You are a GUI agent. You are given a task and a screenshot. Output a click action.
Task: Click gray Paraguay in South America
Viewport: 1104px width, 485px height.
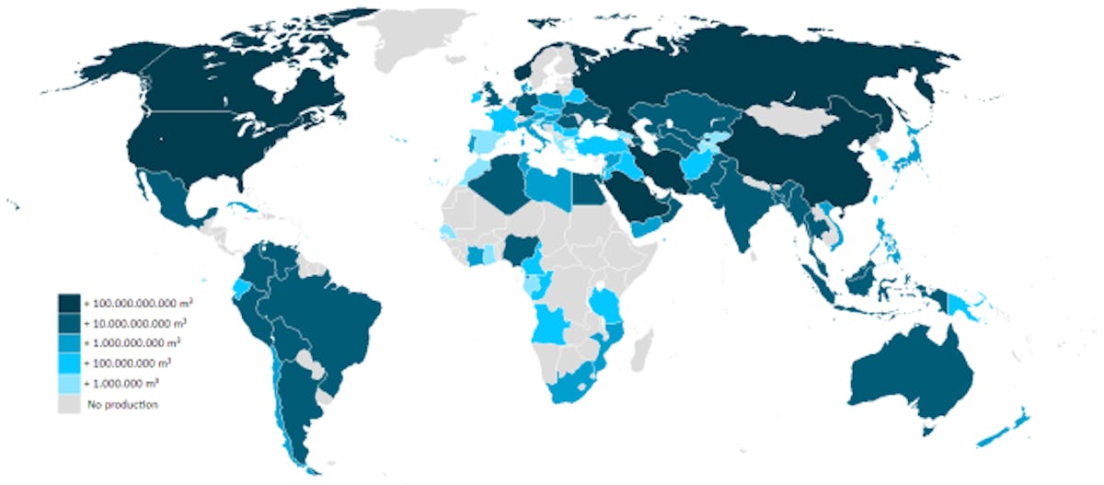pos(315,369)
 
